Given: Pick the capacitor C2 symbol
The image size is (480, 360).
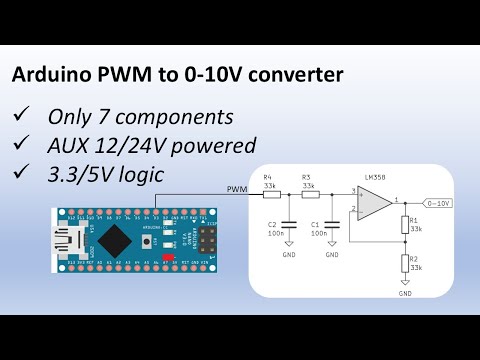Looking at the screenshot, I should click(288, 221).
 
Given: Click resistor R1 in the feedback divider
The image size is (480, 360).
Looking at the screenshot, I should click(405, 224).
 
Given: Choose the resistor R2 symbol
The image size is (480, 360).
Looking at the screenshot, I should click(405, 263).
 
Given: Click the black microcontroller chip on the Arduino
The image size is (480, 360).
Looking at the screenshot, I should click(113, 238).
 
